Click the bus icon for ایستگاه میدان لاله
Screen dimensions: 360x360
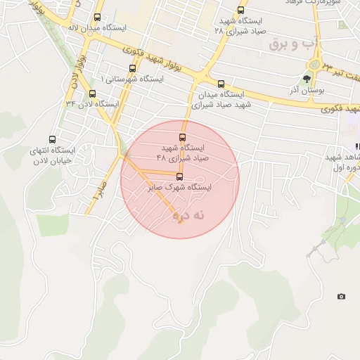pyautogui.click(x=97, y=17)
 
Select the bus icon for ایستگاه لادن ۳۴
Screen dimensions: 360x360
pyautogui.click(x=92, y=94)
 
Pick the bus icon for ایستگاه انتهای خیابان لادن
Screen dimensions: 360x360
pyautogui.click(x=51, y=139)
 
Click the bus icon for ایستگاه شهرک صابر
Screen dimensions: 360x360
pyautogui.click(x=179, y=176)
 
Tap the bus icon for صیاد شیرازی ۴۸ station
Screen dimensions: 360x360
pyautogui.click(x=183, y=137)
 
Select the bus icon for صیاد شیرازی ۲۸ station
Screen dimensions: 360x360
pyautogui.click(x=241, y=11)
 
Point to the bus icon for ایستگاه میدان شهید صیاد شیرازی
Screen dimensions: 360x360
pyautogui.click(x=222, y=83)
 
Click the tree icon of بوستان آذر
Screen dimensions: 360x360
pyautogui.click(x=306, y=78)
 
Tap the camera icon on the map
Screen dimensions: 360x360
pyautogui.click(x=342, y=297)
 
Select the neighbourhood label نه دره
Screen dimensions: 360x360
pyautogui.click(x=188, y=217)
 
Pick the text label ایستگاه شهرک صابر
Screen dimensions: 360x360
pyautogui.click(x=180, y=188)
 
